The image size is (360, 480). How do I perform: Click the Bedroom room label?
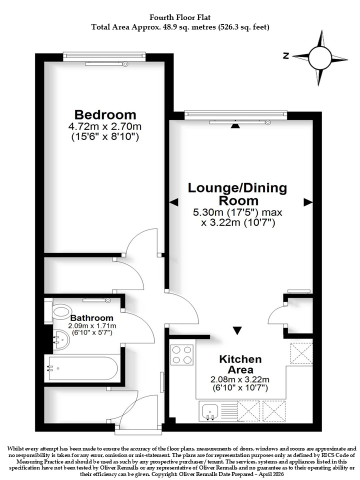coord(105,115)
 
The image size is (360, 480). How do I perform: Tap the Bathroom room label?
coord(92,318)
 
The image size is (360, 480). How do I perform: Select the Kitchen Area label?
coord(240,364)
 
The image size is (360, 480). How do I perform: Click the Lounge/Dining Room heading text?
coord(237,194)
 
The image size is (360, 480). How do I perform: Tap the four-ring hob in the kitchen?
coord(182,354)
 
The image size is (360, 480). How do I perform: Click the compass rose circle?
coord(320,57)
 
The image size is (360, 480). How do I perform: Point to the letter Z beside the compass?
coord(286,55)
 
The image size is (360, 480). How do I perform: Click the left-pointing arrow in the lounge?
coord(173,202)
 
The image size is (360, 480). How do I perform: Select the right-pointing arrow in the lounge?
coord(308,202)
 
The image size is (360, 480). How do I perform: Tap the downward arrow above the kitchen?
coord(237,330)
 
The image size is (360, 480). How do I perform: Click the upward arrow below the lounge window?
coord(235,125)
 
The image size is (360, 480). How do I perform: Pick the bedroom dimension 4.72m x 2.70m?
coord(105,126)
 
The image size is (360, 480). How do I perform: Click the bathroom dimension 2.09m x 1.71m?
coord(92,325)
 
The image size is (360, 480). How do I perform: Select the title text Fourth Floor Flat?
coord(180,17)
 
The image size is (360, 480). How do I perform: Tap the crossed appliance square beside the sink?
coord(248,411)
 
